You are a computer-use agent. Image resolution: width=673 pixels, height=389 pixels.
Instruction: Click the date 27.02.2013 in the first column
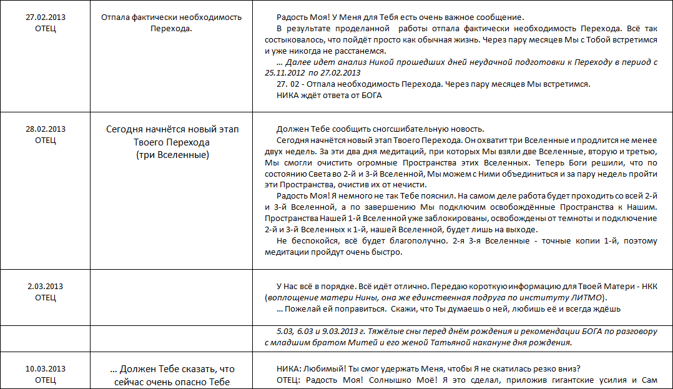(x=46, y=17)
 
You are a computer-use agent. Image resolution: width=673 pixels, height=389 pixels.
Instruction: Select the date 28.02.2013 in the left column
(x=46, y=129)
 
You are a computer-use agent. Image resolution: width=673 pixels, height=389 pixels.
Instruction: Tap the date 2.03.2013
(x=46, y=287)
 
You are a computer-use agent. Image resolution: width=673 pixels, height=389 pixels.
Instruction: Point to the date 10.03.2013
(x=46, y=368)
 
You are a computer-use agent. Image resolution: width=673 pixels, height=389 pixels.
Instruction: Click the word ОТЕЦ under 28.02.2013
(x=46, y=140)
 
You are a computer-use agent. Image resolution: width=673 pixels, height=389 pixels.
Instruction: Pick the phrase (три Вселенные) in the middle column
(x=172, y=154)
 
